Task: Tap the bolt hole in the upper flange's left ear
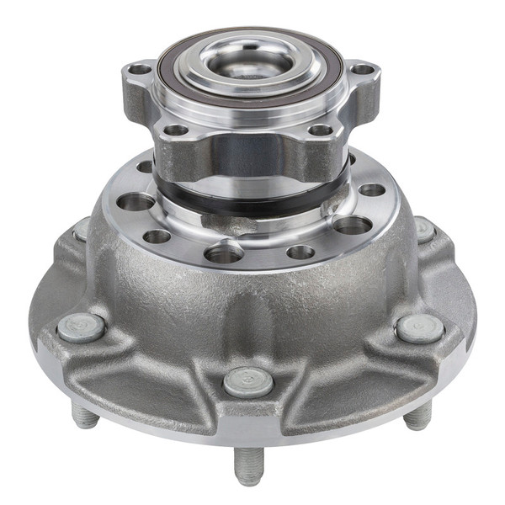[x=140, y=70]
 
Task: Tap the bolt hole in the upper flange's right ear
[x=362, y=70]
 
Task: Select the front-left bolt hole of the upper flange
[x=176, y=130]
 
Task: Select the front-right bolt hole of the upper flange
[x=320, y=130]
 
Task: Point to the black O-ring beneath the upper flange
[x=252, y=205]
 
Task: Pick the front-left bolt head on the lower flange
[x=82, y=327]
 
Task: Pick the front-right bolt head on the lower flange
[x=419, y=328]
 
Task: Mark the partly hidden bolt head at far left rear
[x=82, y=229]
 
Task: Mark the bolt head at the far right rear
[x=424, y=229]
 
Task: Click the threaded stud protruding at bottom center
[x=248, y=465]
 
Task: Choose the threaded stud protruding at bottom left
[x=84, y=415]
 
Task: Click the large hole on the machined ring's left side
[x=136, y=202]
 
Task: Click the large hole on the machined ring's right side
[x=353, y=225]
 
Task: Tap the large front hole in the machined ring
[x=224, y=252]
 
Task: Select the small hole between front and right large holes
[x=300, y=252]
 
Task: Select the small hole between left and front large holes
[x=157, y=237]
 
